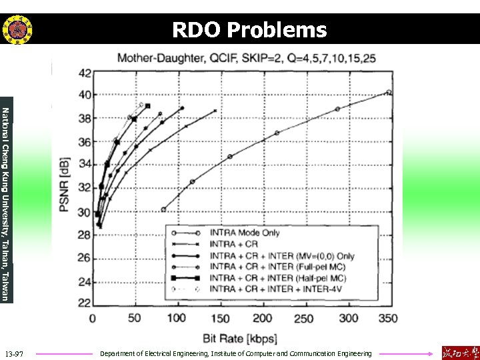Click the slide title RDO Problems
249,30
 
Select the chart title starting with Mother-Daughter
247,58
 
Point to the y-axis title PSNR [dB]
65,188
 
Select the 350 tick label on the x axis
387,319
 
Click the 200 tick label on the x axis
263,319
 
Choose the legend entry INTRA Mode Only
245,233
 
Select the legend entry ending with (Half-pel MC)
277,278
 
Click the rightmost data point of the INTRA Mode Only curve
389,93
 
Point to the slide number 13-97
14,353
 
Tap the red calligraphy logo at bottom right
459,352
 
